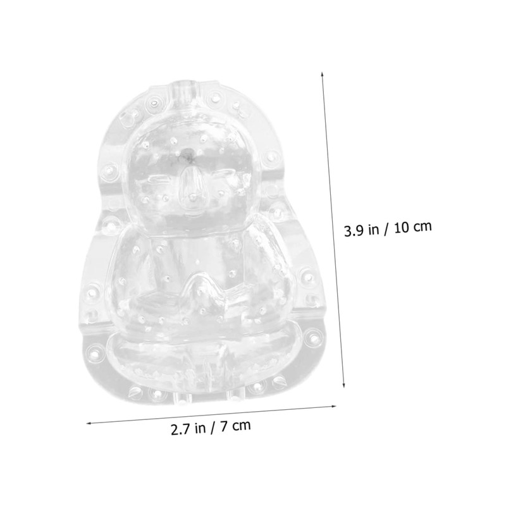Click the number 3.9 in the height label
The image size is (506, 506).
pos(354,231)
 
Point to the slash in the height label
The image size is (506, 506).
pos(387,230)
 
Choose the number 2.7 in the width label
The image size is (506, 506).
pos(180,429)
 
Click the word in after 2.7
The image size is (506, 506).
pos(201,428)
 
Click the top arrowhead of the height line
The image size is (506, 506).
pos(323,73)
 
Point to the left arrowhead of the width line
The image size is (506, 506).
pos(89,422)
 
